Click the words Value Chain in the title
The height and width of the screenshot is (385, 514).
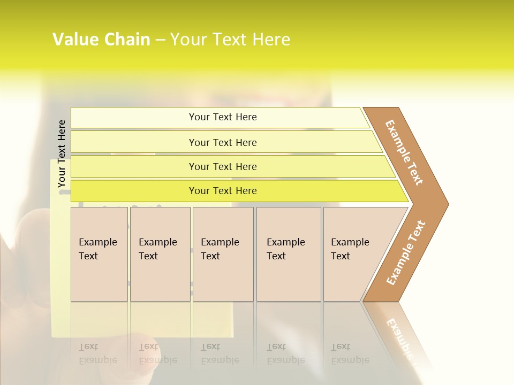coord(101,40)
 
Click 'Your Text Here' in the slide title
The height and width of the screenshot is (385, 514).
coord(230,40)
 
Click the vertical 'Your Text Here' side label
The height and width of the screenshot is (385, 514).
coord(62,154)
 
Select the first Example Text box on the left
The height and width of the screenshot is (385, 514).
coord(99,254)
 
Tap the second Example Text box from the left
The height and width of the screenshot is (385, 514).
coord(160,254)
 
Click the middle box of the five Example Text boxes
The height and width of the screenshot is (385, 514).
coord(223,254)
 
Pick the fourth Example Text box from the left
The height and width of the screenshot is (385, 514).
coord(289,254)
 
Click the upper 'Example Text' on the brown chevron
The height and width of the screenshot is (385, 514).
coord(404,152)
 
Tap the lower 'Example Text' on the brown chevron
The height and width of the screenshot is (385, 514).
coord(406,253)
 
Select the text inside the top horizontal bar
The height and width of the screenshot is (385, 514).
coord(223,117)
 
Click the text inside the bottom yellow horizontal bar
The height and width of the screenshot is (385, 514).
coord(223,191)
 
